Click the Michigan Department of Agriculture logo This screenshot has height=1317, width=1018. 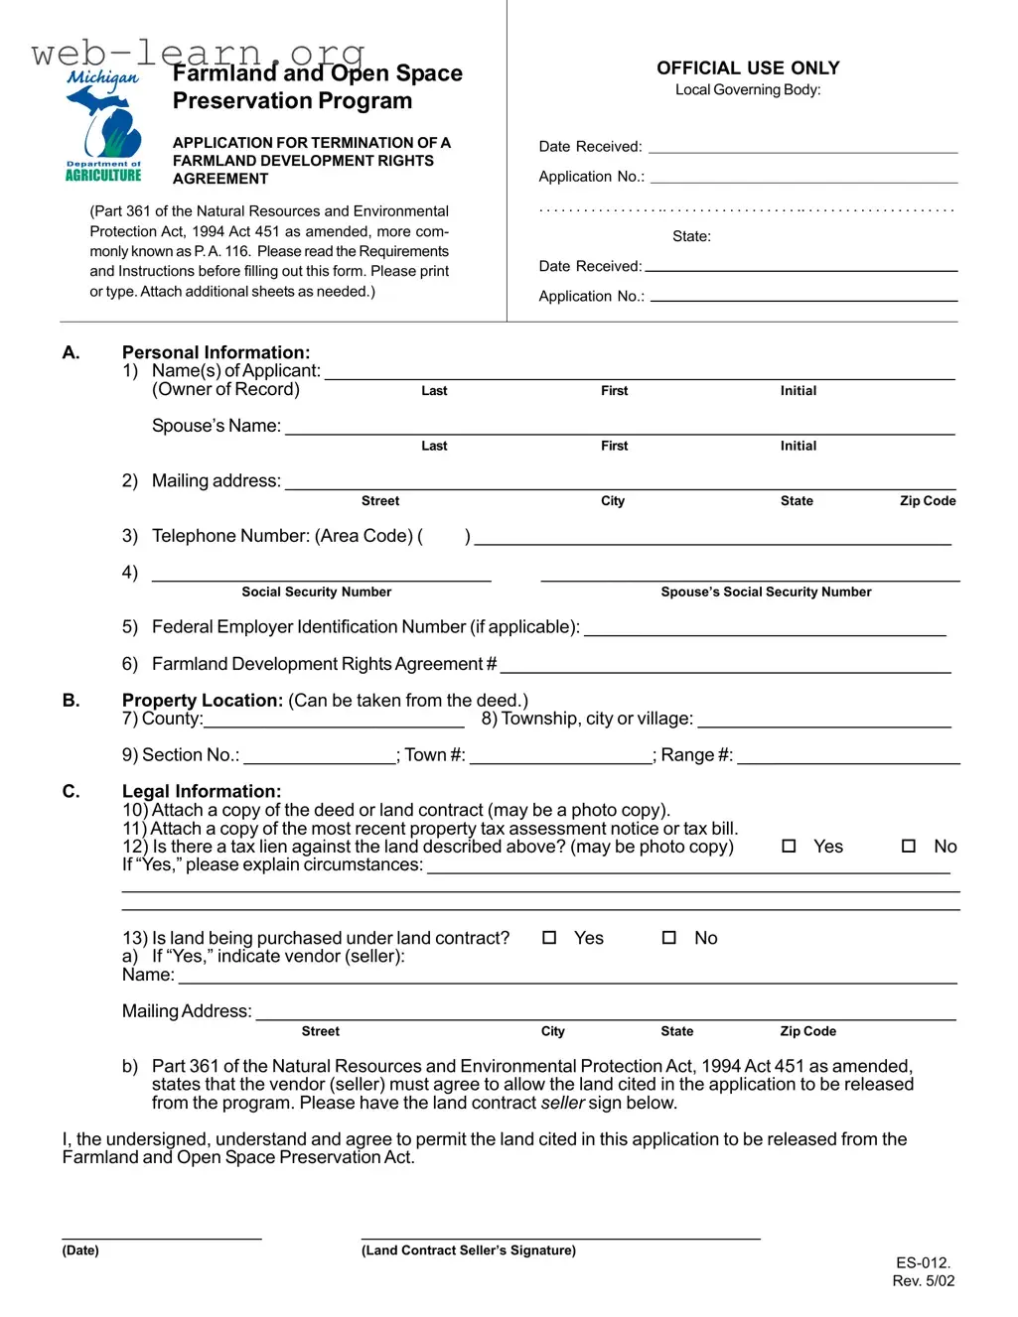[x=103, y=126]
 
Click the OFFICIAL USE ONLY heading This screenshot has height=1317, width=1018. [x=748, y=68]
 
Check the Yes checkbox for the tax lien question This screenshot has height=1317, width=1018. [x=789, y=847]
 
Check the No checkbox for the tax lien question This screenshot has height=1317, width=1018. [x=908, y=847]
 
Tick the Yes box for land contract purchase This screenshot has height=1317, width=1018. [x=549, y=938]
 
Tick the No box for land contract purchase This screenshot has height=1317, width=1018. [x=669, y=938]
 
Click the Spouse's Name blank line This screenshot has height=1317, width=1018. [x=619, y=427]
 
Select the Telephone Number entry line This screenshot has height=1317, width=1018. [x=712, y=537]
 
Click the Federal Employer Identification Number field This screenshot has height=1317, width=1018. [x=765, y=628]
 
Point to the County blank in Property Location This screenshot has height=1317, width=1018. [x=334, y=720]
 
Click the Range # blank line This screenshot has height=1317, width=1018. [x=848, y=756]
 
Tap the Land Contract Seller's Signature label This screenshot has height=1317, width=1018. [x=468, y=1251]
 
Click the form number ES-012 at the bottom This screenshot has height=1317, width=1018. [x=923, y=1263]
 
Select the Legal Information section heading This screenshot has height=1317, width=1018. [x=202, y=791]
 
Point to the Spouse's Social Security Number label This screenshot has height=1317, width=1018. [x=766, y=593]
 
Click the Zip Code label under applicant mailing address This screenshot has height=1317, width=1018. [x=928, y=501]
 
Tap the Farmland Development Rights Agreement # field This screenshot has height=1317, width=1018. [x=725, y=665]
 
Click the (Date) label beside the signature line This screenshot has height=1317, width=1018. [x=80, y=1251]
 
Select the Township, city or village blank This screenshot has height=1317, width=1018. [x=824, y=720]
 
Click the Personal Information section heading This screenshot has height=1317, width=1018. [x=216, y=352]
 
